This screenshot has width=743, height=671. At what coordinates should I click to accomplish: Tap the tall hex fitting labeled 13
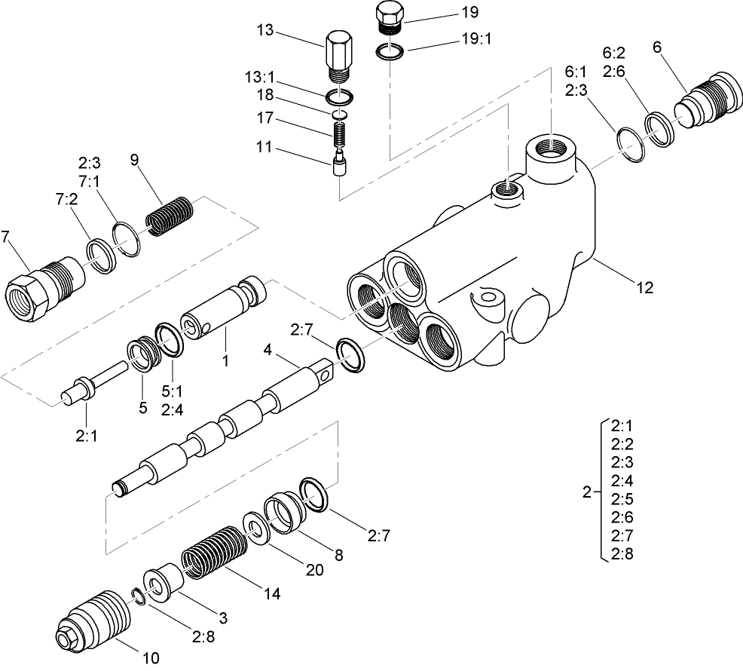pos(338,55)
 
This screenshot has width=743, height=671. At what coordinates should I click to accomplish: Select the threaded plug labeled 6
pos(705,97)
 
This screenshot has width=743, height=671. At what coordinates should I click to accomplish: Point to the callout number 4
pos(267,349)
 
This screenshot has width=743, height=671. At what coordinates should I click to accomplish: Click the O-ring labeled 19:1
pos(390,52)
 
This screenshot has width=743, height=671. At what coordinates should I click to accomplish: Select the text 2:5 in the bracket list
pos(622,498)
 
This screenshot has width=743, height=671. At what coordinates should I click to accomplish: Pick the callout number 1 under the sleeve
pos(224,362)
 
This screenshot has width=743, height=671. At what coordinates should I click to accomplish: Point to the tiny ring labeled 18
pos(340,114)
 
